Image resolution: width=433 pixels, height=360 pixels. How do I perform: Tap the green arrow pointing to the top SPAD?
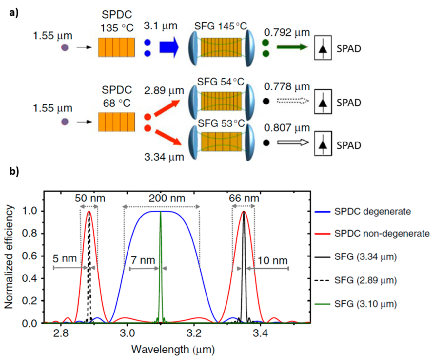click(x=292, y=47)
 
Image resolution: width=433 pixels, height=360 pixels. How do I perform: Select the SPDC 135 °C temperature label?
click(x=117, y=22)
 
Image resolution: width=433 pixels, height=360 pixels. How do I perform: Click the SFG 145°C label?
click(x=220, y=26)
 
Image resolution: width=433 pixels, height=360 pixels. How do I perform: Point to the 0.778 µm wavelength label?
click(x=287, y=87)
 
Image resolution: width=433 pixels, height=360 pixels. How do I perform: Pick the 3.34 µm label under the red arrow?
click(x=164, y=157)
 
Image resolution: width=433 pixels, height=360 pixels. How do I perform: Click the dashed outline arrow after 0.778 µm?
click(x=292, y=101)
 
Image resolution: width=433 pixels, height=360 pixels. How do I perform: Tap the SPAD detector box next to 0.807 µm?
click(x=323, y=143)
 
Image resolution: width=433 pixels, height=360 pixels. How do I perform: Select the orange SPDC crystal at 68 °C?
click(x=117, y=122)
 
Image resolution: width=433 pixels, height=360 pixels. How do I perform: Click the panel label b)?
click(x=14, y=171)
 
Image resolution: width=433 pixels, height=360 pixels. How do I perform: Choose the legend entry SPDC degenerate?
click(x=372, y=212)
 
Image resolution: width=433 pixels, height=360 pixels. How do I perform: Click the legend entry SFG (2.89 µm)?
click(x=365, y=280)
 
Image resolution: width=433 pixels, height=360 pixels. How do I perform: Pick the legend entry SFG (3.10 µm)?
click(x=365, y=304)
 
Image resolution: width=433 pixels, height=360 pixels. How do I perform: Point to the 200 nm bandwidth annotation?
click(x=167, y=198)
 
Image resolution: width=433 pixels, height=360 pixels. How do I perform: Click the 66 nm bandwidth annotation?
click(x=244, y=198)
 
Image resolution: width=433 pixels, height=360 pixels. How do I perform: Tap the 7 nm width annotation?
click(x=143, y=260)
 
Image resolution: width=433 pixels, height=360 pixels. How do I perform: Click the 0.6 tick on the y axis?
click(x=30, y=256)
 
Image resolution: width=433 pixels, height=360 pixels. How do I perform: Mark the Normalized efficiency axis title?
click(x=9, y=257)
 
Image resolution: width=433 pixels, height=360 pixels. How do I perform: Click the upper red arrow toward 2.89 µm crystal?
click(x=167, y=108)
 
